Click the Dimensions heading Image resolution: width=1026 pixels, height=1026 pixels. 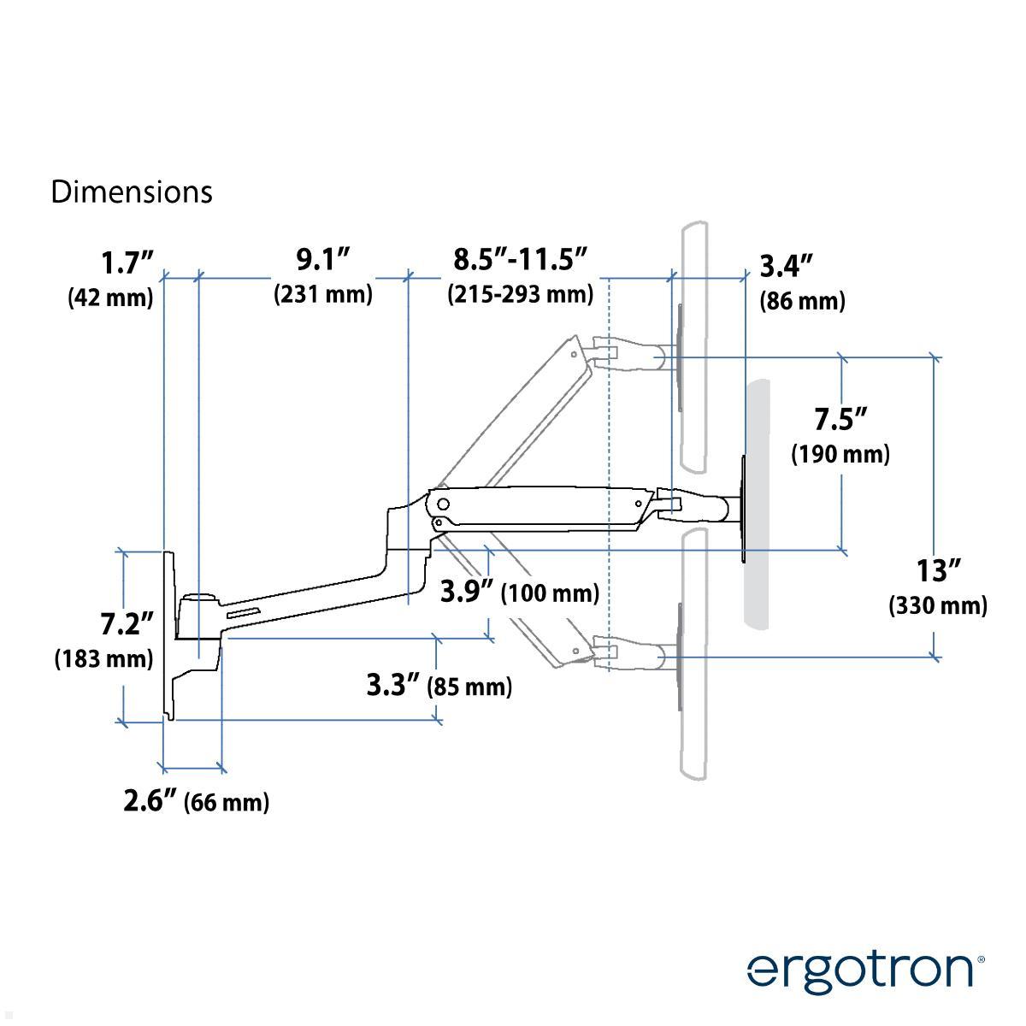[x=131, y=192]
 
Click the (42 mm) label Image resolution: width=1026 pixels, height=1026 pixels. [x=111, y=298]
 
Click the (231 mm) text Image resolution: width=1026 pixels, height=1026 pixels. [x=323, y=294]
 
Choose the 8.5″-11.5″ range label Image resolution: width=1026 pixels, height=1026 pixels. [x=521, y=258]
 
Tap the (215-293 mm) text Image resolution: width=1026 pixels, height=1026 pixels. [x=520, y=294]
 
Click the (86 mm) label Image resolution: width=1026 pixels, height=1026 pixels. [x=801, y=301]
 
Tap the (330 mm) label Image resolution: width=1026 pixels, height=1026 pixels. [x=938, y=606]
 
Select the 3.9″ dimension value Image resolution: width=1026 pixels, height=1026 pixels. [x=467, y=591]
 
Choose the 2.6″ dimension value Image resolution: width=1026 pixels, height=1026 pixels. [x=150, y=801]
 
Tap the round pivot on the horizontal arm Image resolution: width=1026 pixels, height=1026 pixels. [x=442, y=503]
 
